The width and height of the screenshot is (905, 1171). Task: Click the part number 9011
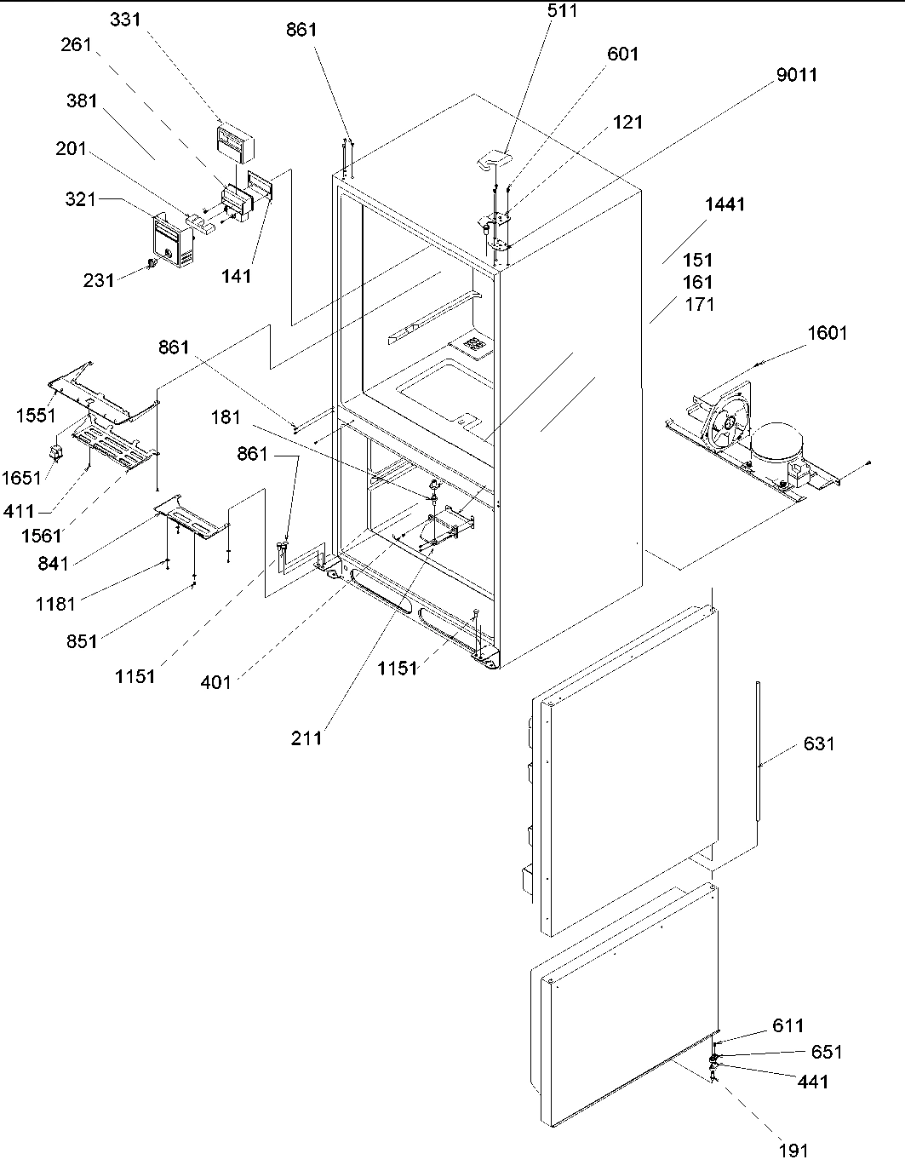pos(797,75)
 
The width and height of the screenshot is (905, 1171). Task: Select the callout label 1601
pos(827,333)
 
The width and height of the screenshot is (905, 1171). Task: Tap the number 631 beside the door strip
pos(819,743)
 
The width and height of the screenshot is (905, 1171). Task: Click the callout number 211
pos(306,738)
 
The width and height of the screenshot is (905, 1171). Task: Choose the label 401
pos(215,681)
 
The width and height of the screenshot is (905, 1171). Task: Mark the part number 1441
pos(724,204)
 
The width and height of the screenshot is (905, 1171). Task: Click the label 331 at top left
pos(125,20)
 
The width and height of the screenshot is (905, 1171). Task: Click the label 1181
pos(55,604)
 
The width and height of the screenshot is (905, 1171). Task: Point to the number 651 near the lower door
pos(825,1052)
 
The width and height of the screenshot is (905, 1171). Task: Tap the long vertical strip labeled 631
pos(757,749)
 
